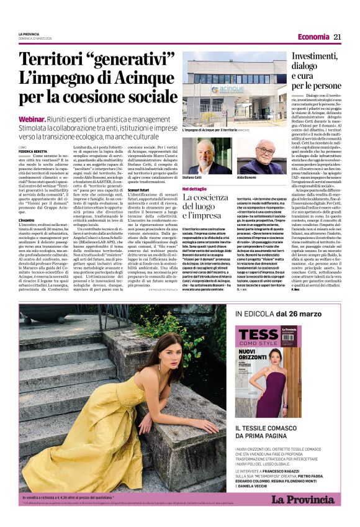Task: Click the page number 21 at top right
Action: pyautogui.click(x=338, y=37)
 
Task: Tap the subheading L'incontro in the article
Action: pyautogui.click(x=27, y=220)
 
